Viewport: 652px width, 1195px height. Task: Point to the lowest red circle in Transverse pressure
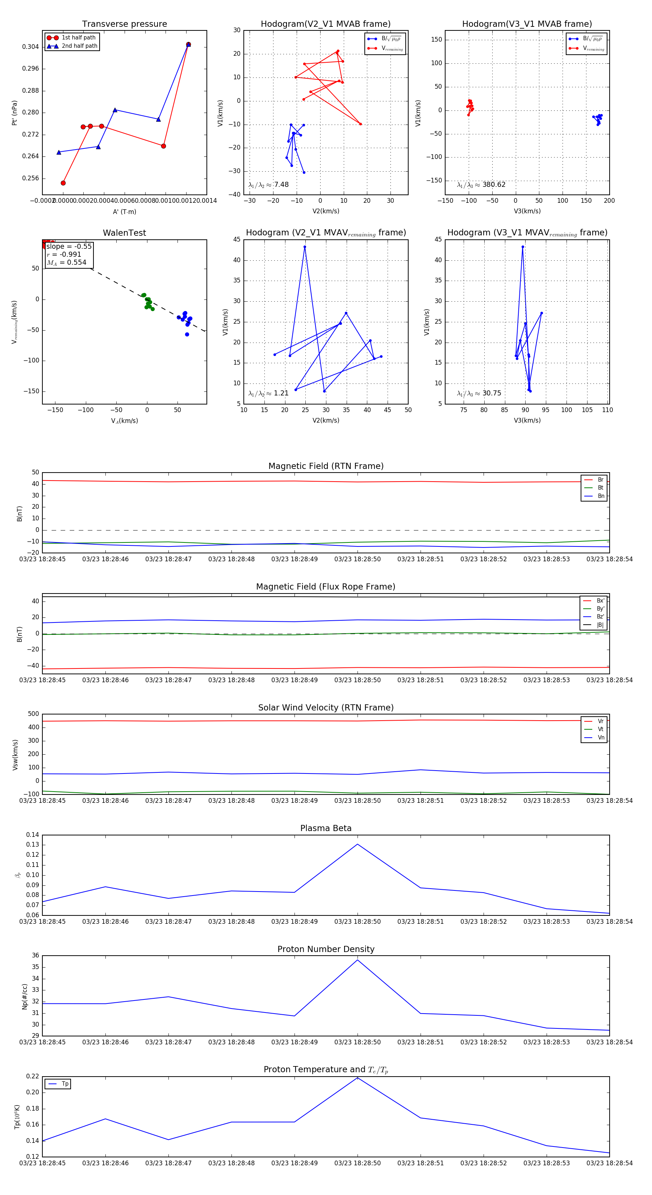click(x=63, y=183)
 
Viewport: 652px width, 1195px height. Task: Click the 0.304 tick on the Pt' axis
click(x=31, y=47)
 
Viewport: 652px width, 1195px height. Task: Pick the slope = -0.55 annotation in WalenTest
click(x=69, y=246)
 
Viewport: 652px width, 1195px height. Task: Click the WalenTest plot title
click(x=124, y=233)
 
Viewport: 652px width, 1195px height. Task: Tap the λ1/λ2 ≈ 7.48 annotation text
click(x=268, y=185)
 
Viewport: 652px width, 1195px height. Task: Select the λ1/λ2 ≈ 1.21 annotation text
click(x=268, y=393)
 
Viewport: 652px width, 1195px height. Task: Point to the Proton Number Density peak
click(x=357, y=960)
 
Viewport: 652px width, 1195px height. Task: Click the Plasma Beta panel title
click(x=326, y=829)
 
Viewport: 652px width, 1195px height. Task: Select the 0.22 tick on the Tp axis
click(x=33, y=1076)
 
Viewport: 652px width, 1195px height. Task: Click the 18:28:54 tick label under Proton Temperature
click(x=609, y=1163)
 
